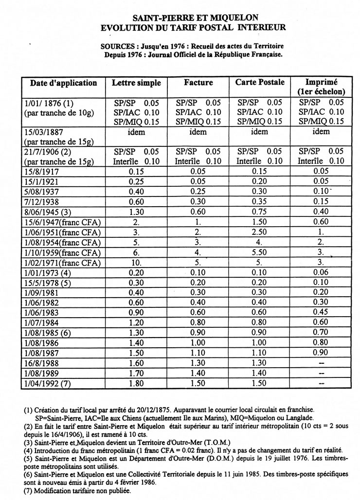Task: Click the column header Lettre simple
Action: tap(136, 83)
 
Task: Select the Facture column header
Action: tap(198, 83)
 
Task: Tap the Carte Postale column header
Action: tap(260, 82)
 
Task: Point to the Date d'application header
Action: tap(64, 83)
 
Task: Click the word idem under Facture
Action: tap(198, 132)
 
